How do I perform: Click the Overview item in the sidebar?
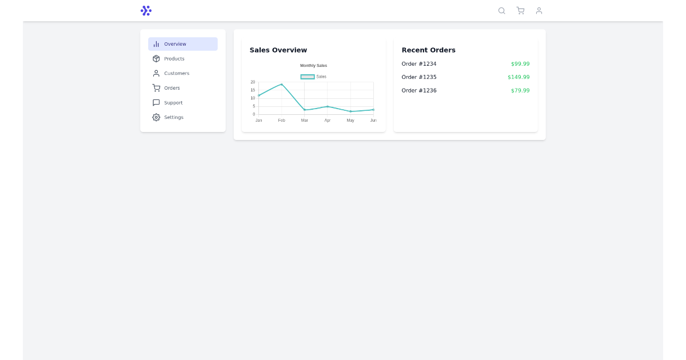coord(175,44)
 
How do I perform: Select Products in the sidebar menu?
coord(174,59)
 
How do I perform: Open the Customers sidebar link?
coord(176,73)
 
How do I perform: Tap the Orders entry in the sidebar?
coord(171,88)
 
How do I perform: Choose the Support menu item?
coord(173,103)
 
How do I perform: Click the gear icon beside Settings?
coord(156,117)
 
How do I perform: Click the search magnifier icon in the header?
coord(501,10)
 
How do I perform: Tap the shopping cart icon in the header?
coord(520,10)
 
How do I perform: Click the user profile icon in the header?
coord(539,10)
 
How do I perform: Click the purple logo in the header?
coord(146,10)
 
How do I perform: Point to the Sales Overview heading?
coord(278,50)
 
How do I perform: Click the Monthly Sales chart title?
coord(314,66)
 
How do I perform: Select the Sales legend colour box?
coord(308,77)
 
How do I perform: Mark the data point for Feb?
coord(281,85)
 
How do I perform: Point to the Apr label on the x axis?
coord(328,121)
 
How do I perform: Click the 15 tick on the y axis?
coord(253,90)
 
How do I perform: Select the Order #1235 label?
coord(419,77)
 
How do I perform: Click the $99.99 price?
coord(520,64)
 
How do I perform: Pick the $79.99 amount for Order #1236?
coord(520,90)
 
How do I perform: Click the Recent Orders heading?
coord(429,50)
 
